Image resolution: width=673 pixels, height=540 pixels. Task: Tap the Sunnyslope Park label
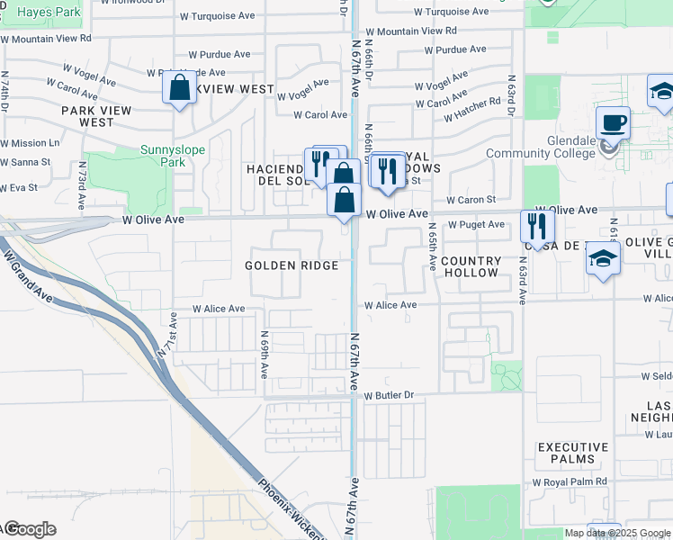[149, 156]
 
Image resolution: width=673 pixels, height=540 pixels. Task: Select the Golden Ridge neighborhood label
[292, 265]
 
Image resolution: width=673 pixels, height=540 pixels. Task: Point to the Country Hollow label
[471, 266]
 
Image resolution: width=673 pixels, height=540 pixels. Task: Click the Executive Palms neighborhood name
[572, 453]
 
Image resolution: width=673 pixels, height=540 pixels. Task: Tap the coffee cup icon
[613, 122]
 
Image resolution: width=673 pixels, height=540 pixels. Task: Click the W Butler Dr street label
[389, 395]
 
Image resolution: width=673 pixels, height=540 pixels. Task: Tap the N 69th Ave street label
[265, 357]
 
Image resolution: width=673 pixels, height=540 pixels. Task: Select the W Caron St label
[471, 199]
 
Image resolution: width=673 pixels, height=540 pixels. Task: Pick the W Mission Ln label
[30, 143]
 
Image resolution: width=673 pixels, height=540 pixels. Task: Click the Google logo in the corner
[30, 529]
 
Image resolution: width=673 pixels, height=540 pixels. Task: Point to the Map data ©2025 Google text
[617, 533]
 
